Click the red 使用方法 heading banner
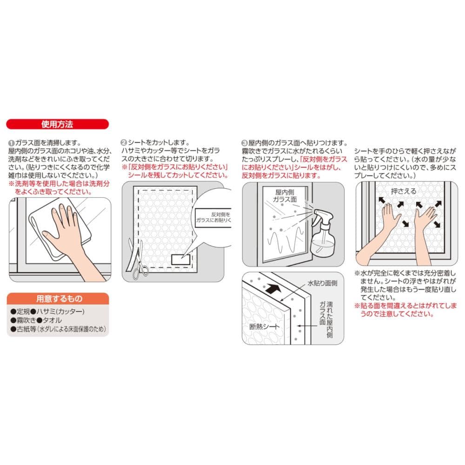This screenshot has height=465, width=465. pyautogui.click(x=57, y=124)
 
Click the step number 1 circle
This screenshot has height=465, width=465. pyautogui.click(x=11, y=143)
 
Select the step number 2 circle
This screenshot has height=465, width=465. pyautogui.click(x=124, y=143)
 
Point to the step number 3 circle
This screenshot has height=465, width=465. pyautogui.click(x=245, y=143)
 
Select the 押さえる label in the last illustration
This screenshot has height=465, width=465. pyautogui.click(x=403, y=191)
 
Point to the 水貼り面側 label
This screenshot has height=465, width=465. pyautogui.click(x=322, y=283)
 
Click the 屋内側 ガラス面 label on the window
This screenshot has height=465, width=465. pyautogui.click(x=285, y=196)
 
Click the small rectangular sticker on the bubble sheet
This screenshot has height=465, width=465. pyautogui.click(x=180, y=259)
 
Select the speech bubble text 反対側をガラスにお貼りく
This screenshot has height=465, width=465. pyautogui.click(x=213, y=217)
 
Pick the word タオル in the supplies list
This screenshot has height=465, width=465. pyautogui.click(x=52, y=320)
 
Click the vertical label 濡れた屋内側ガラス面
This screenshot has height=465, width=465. pyautogui.click(x=326, y=320)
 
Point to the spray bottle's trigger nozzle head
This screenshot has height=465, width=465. pyautogui.click(x=322, y=215)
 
